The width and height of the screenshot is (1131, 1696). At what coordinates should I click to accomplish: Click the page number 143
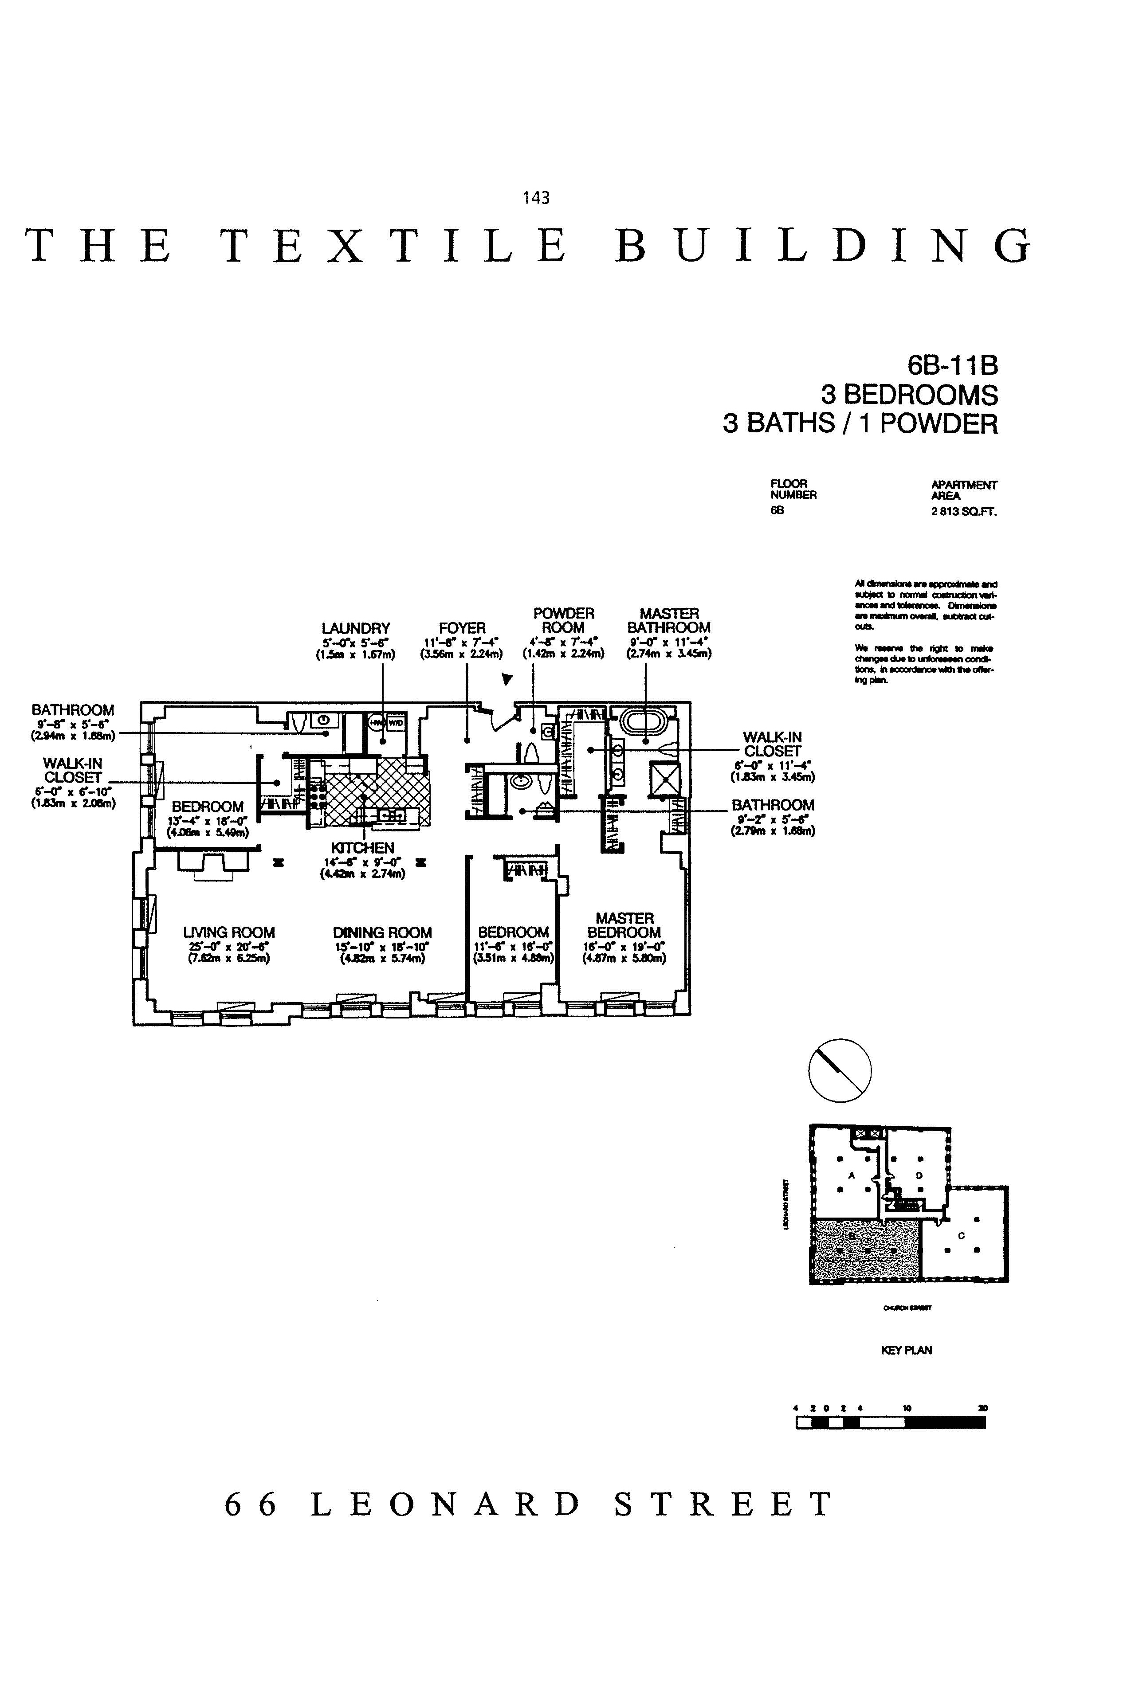(536, 198)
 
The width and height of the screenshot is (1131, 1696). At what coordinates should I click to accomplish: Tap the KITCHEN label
(362, 847)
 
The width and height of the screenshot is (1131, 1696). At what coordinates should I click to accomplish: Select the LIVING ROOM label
(229, 932)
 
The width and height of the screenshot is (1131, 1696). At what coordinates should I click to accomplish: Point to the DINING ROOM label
(382, 932)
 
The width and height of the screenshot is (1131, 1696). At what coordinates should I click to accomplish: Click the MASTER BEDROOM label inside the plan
(624, 925)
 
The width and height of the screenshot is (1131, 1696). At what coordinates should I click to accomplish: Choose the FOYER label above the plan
(462, 628)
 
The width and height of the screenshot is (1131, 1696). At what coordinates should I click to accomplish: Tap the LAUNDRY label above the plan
(356, 628)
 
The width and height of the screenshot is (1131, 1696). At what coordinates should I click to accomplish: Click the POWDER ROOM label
(563, 620)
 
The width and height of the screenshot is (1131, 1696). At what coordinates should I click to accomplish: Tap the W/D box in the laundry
(396, 722)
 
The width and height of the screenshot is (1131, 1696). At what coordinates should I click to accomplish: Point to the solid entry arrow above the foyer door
(508, 678)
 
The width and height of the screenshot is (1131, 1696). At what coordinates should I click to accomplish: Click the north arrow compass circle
(840, 1070)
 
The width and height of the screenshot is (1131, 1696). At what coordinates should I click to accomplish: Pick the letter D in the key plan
(919, 1175)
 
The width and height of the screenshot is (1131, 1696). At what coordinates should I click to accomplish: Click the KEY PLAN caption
(906, 1350)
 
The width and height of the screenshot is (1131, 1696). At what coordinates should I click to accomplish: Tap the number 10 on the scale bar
(907, 1407)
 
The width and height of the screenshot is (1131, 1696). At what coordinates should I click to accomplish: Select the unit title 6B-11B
(952, 366)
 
